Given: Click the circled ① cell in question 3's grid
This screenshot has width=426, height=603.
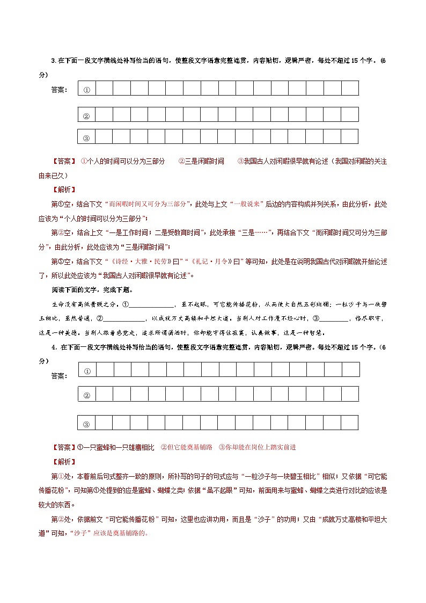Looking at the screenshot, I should pyautogui.click(x=86, y=90).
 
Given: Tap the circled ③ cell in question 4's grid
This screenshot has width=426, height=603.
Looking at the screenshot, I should pyautogui.click(x=87, y=424).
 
